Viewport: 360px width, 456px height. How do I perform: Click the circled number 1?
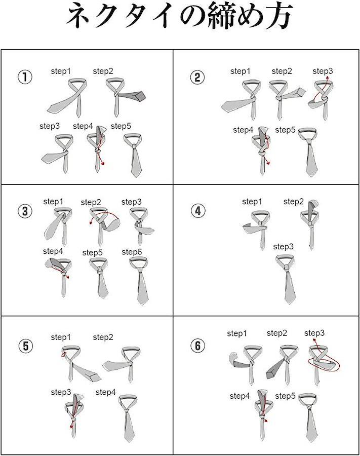(25, 78)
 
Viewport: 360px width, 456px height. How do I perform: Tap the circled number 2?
(197, 78)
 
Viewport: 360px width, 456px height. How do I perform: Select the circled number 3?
(25, 211)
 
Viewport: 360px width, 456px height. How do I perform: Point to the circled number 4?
(198, 211)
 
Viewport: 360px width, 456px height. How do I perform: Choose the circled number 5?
(25, 346)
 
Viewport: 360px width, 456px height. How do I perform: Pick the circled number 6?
(198, 346)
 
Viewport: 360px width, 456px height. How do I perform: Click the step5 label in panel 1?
(121, 126)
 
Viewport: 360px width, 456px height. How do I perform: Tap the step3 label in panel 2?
(323, 71)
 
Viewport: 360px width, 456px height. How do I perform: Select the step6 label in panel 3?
(132, 252)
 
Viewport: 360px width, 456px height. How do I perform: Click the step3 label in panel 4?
(284, 247)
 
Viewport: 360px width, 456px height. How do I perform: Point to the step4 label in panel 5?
(106, 392)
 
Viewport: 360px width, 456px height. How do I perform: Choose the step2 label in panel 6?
(277, 333)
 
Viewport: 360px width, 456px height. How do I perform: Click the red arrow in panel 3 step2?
(107, 213)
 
